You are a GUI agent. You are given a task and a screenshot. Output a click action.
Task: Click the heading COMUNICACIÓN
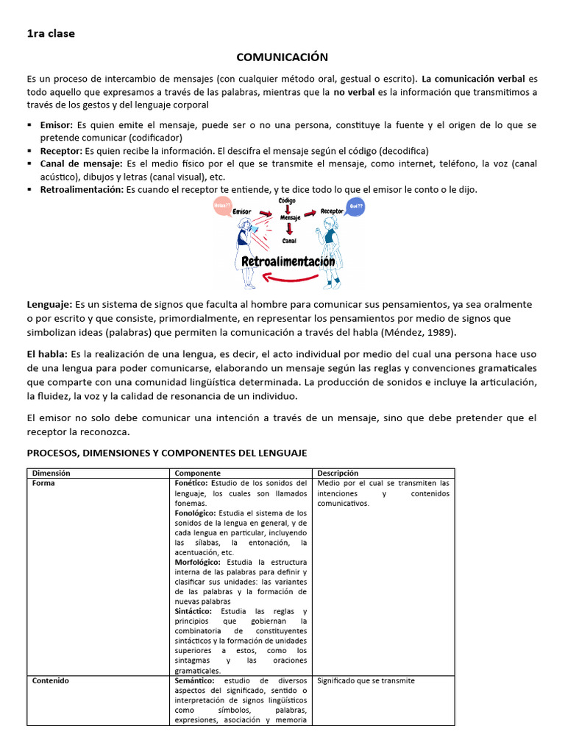[x=282, y=57]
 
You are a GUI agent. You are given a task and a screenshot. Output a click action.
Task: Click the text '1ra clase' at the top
[x=51, y=33]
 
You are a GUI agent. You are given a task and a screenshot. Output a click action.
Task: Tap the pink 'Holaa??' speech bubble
[x=221, y=207]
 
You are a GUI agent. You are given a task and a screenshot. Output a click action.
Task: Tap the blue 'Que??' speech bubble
[x=356, y=206]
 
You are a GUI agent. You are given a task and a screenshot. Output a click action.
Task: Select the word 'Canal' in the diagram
[x=288, y=240]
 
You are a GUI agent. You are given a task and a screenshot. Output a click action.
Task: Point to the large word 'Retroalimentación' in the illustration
[x=288, y=261]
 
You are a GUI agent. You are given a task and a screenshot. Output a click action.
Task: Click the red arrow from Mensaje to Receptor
[x=309, y=214]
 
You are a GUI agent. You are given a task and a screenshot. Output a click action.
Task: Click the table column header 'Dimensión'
[x=51, y=473]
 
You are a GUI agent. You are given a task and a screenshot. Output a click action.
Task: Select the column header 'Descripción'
[x=338, y=473]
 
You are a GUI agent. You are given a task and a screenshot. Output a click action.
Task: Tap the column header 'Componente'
[x=198, y=473]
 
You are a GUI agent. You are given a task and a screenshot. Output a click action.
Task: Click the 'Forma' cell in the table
[x=43, y=483]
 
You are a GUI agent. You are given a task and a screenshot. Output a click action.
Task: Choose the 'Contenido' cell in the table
[x=50, y=680]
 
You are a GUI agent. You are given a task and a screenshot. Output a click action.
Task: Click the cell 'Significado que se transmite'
[x=366, y=680]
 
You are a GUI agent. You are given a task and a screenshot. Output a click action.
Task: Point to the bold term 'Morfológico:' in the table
[x=196, y=562]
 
